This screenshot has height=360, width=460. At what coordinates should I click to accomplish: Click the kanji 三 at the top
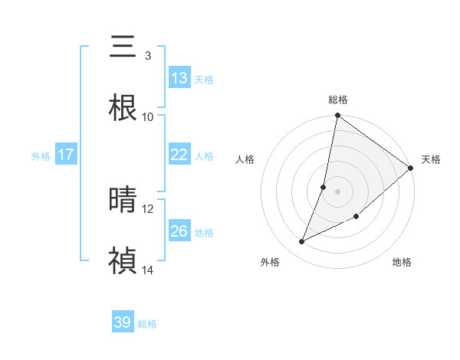[x=123, y=47]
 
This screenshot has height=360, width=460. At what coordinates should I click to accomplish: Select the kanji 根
[x=123, y=108]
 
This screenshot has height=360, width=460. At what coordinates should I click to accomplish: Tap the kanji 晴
[x=123, y=201]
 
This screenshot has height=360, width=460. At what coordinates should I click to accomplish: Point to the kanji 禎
[x=123, y=261]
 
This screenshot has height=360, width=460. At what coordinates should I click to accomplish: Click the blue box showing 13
[x=179, y=78]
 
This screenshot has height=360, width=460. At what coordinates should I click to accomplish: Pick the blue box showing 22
[x=179, y=155]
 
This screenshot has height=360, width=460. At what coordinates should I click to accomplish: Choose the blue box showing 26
[x=179, y=231]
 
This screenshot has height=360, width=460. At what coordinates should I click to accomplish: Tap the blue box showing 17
[x=66, y=155]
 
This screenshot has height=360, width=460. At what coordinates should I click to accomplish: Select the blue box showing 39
[x=123, y=322]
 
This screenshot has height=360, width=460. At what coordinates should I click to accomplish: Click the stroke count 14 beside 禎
[x=147, y=270]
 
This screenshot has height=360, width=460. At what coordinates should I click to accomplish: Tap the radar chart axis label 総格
[x=338, y=100]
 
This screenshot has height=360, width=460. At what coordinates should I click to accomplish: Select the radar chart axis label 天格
[x=431, y=160]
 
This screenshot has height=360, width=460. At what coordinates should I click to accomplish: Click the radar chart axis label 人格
[x=245, y=160]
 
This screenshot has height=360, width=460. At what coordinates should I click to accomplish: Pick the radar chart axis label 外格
[x=270, y=262]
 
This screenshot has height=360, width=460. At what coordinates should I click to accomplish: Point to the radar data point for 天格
[x=411, y=169]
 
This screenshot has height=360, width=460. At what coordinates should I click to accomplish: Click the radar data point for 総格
[x=338, y=116]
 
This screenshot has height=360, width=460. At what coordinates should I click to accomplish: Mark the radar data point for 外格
[x=302, y=242]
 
